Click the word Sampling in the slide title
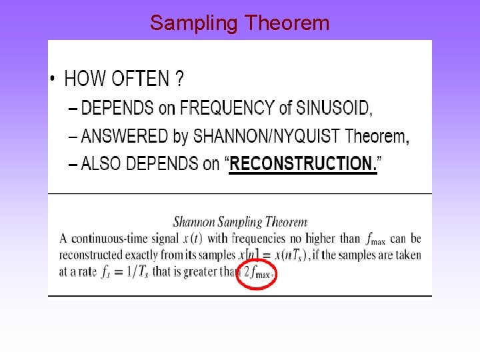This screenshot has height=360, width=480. click(x=194, y=23)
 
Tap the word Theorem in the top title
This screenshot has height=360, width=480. click(x=287, y=23)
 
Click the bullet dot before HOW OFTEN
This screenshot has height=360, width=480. click(x=53, y=81)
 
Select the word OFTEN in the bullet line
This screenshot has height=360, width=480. click(x=140, y=79)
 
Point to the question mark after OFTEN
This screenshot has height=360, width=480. click(x=179, y=79)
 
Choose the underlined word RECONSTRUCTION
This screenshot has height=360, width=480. click(x=303, y=164)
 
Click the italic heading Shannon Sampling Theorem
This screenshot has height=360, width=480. click(x=240, y=222)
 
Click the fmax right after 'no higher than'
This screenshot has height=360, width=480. click(x=375, y=239)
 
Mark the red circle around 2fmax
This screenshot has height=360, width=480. click(x=257, y=273)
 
